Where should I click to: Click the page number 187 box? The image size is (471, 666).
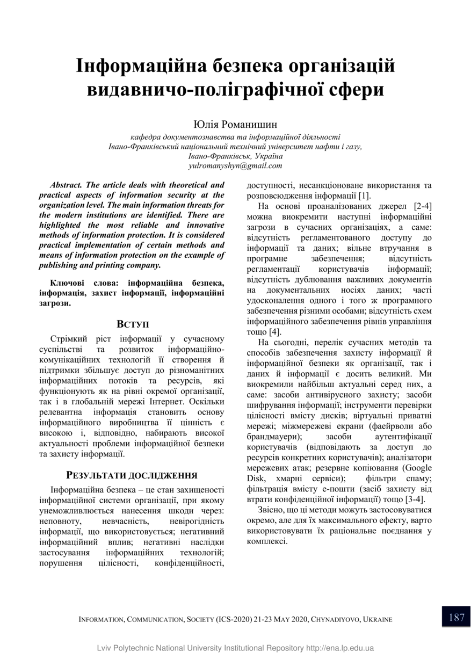(x=456, y=617)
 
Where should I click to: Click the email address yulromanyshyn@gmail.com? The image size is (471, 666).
(x=235, y=165)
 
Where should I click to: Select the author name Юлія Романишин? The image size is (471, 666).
(x=235, y=125)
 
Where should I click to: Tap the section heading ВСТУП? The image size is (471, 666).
(x=133, y=324)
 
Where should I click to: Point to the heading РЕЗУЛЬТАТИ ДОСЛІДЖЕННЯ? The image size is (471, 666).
(x=132, y=475)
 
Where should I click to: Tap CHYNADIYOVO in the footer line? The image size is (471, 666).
(x=336, y=619)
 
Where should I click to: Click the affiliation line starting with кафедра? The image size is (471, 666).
(x=235, y=137)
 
